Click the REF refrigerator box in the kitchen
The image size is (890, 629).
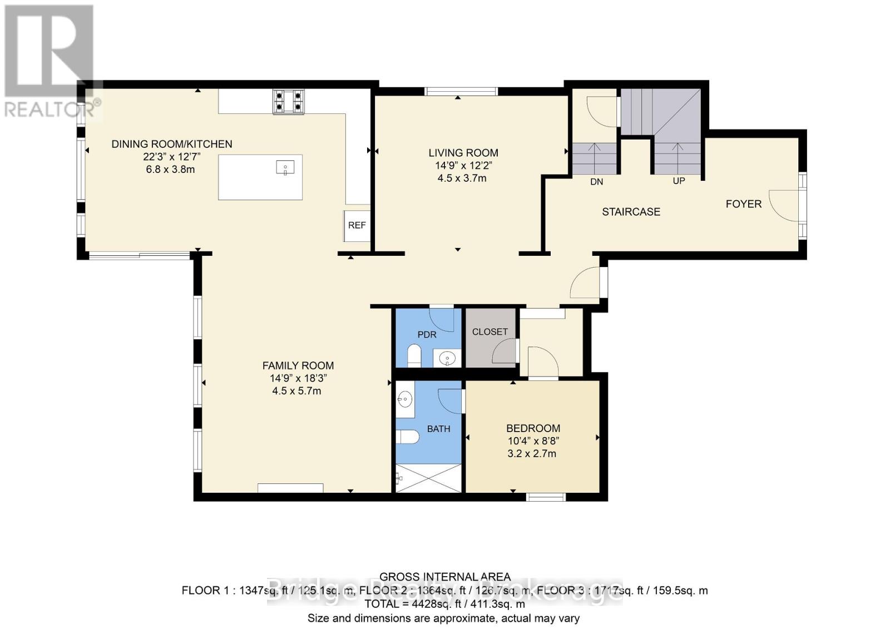(x=357, y=226)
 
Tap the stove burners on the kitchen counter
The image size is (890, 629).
(x=288, y=102)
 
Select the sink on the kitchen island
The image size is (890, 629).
(x=285, y=167)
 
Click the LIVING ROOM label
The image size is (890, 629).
(x=463, y=152)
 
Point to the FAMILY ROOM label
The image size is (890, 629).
(x=298, y=365)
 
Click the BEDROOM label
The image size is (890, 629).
(x=533, y=428)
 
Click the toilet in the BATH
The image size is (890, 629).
(x=409, y=437)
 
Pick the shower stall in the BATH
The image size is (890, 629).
(x=428, y=478)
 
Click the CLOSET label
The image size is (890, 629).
(x=489, y=332)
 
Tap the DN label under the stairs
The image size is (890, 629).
(x=596, y=182)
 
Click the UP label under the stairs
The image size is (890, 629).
(x=679, y=181)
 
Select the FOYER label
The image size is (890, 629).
(x=743, y=204)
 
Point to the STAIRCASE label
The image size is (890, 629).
(x=631, y=212)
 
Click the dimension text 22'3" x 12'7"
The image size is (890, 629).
(x=171, y=157)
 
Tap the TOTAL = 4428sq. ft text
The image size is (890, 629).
(x=444, y=604)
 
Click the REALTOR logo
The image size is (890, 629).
(x=50, y=61)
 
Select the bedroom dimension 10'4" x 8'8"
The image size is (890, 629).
(x=533, y=441)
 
